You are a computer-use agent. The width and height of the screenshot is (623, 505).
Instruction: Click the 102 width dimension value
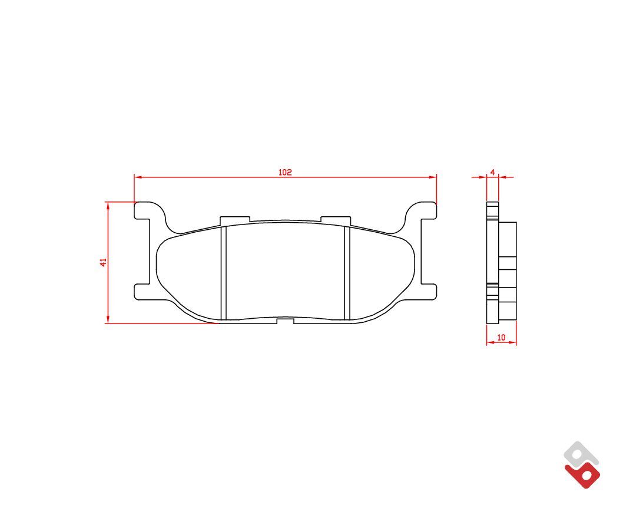(x=285, y=172)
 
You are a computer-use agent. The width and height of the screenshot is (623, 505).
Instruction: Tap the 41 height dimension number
(x=103, y=262)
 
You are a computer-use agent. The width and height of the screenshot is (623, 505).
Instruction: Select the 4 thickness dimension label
(x=493, y=172)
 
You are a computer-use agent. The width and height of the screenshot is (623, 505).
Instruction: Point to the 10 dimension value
(x=502, y=337)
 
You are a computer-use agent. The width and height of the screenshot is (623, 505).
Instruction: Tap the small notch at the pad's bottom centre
(x=285, y=321)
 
